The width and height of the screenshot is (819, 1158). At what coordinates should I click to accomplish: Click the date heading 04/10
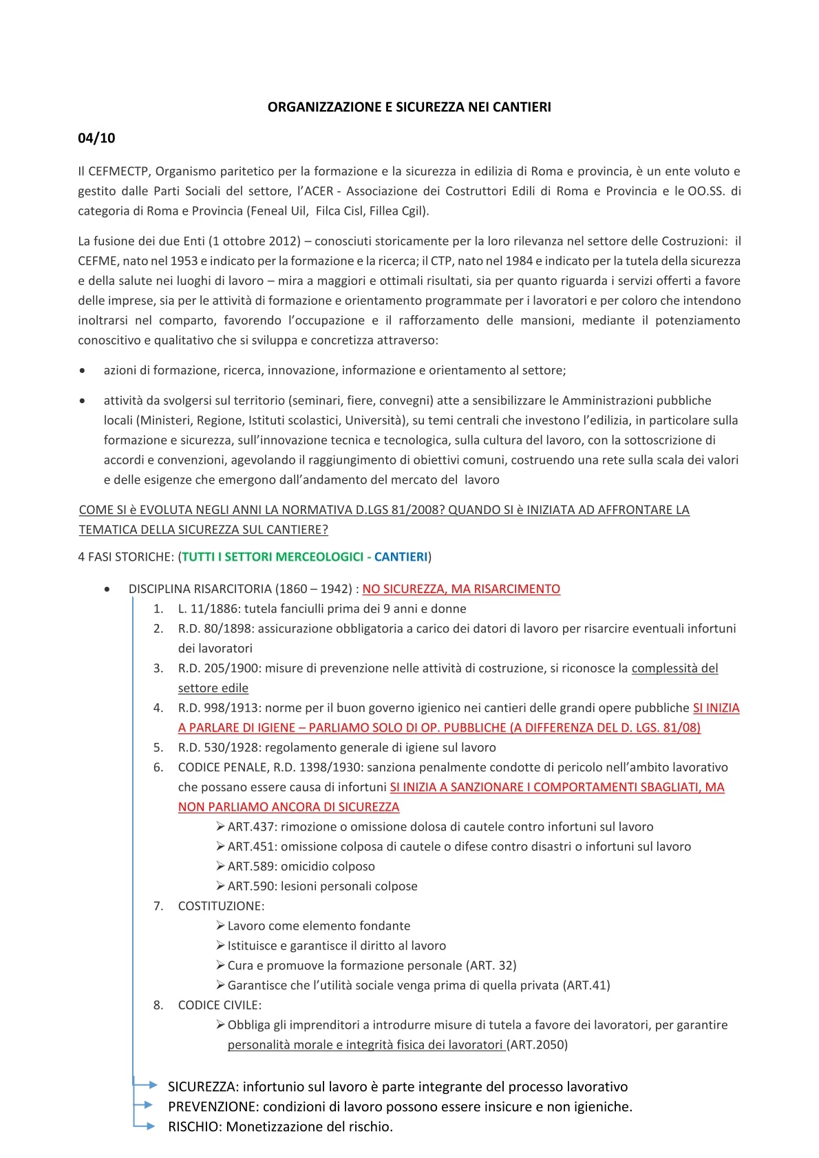pyautogui.click(x=96, y=138)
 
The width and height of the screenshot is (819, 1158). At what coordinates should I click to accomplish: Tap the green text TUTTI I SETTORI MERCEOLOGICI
pyautogui.click(x=273, y=557)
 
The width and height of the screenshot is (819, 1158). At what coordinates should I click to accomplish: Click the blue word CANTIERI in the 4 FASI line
pyautogui.click(x=401, y=557)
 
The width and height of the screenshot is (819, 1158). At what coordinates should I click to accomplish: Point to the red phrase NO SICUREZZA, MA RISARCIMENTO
pyautogui.click(x=461, y=589)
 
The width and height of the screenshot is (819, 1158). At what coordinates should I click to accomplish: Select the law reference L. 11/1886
pyautogui.click(x=209, y=609)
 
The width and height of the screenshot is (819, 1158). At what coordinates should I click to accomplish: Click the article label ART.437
pyautogui.click(x=251, y=827)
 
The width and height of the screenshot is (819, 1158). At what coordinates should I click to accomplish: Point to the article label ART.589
pyautogui.click(x=251, y=866)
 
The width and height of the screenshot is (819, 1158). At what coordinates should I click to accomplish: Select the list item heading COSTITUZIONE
pyautogui.click(x=221, y=906)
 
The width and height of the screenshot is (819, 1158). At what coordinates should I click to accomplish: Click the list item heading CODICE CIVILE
pyautogui.click(x=220, y=1005)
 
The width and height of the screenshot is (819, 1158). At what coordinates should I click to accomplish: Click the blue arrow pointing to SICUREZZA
pyautogui.click(x=146, y=1085)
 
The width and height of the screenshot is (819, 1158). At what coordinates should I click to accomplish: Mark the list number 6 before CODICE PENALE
pyautogui.click(x=158, y=767)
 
